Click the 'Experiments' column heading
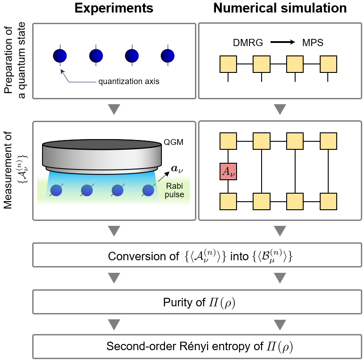click(114, 8)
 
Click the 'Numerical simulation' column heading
click(280, 8)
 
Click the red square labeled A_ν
click(228, 171)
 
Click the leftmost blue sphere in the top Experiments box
click(60, 55)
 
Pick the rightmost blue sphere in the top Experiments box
click(167, 55)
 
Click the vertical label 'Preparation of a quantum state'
click(14, 61)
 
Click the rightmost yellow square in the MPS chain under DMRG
click(328, 64)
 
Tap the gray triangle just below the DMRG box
click(280, 109)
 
